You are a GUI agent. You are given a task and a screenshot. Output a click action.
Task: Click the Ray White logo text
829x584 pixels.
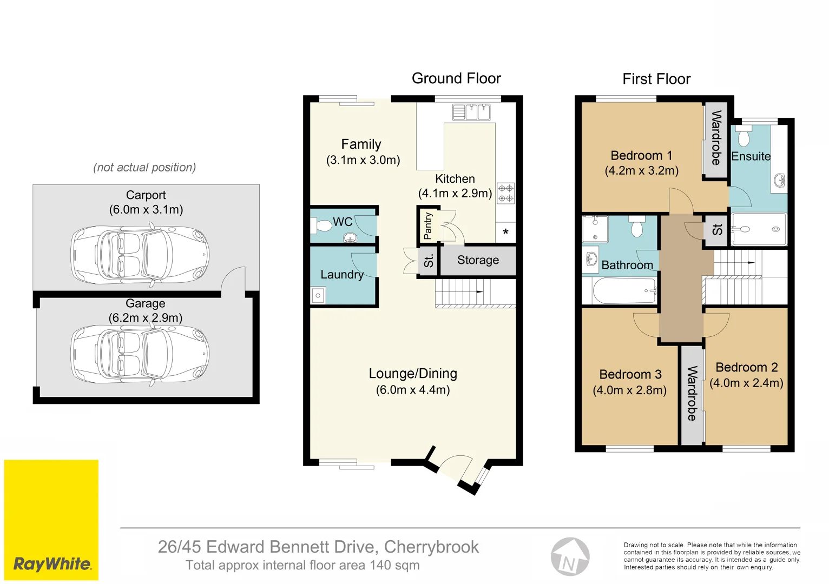click(52, 564)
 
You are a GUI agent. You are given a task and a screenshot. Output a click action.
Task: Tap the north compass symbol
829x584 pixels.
click(570, 557)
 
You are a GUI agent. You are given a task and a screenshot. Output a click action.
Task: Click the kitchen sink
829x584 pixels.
click(471, 112)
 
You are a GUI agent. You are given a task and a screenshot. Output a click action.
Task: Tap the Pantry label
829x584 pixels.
click(427, 225)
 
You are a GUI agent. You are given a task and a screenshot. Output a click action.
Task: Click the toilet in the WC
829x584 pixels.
click(321, 225)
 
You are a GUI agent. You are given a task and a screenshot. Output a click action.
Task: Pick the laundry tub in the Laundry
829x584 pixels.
click(318, 295)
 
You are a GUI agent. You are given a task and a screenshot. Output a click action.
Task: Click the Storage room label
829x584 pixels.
click(478, 260)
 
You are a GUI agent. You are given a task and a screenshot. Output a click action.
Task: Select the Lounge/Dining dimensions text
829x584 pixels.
click(412, 390)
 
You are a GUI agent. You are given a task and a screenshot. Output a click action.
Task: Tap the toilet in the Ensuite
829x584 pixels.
click(744, 137)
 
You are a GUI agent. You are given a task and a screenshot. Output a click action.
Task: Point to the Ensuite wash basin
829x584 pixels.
click(779, 180)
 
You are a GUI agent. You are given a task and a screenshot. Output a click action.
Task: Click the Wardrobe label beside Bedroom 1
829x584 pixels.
click(716, 138)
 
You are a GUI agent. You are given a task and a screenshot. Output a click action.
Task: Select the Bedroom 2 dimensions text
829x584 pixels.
click(746, 383)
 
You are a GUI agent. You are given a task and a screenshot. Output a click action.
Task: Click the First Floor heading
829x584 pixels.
click(656, 79)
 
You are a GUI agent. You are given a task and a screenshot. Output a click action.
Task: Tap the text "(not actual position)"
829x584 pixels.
click(144, 168)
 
